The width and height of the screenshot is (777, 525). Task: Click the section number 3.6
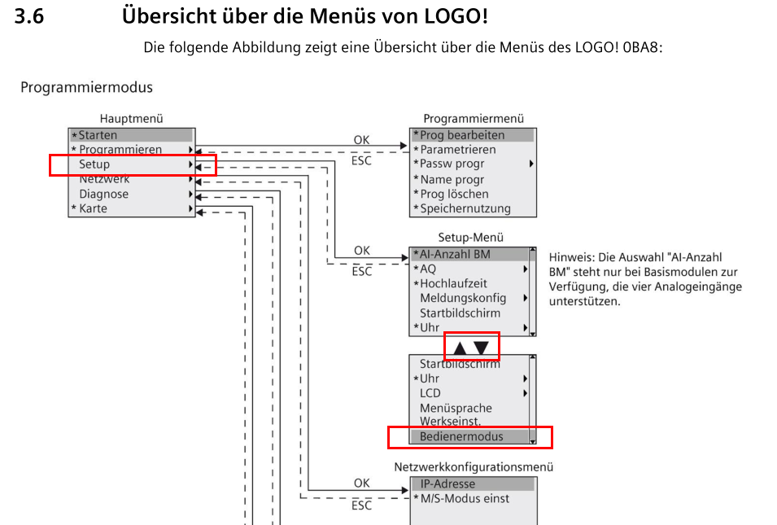[x=29, y=16]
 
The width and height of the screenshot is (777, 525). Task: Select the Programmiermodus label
[x=86, y=87]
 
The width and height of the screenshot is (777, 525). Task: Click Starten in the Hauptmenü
[x=98, y=135]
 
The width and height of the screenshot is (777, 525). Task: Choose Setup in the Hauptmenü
[x=94, y=164]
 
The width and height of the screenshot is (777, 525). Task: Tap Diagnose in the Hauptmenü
[x=103, y=194]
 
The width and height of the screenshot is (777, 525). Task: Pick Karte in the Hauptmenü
[x=93, y=208]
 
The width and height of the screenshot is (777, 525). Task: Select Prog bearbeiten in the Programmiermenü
[x=462, y=135]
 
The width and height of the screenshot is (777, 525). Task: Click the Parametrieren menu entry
[x=457, y=150]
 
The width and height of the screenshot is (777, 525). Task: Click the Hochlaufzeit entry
[x=453, y=283]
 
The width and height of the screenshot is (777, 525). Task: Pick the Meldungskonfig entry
[x=463, y=298]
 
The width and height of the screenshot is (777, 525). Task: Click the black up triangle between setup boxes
[x=461, y=348]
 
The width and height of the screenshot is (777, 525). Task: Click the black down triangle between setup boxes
[x=481, y=348]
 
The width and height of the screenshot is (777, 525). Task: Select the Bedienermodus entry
[x=461, y=436]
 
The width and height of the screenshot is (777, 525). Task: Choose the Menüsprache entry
[x=456, y=408]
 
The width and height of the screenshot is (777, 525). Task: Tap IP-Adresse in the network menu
[x=447, y=483]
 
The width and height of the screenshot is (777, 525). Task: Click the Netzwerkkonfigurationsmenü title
[x=474, y=467]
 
